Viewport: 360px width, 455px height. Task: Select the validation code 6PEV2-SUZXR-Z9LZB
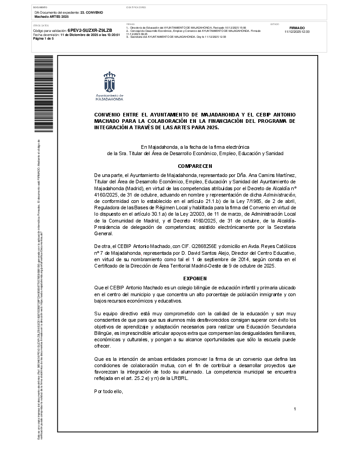pos(90,30)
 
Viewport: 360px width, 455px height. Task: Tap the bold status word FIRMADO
pos(297,28)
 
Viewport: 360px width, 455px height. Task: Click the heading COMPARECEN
pos(195,166)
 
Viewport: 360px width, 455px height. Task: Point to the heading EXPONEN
pos(195,278)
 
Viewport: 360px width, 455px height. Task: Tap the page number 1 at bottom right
pos(295,409)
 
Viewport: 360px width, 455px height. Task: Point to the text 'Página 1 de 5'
pos(44,39)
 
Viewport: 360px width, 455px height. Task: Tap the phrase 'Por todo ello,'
pos(109,391)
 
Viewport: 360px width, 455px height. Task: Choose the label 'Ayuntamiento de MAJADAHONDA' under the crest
pos(109,96)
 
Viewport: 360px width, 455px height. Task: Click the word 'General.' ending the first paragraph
pos(103,233)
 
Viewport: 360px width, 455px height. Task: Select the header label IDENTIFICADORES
pos(136,8)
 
